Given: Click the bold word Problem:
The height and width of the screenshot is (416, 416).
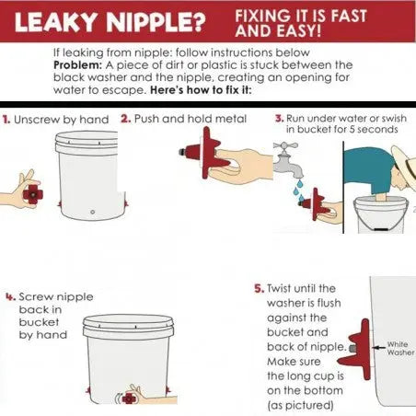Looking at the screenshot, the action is coord(77,65).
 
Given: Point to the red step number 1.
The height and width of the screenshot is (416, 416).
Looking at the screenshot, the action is coord(6,120).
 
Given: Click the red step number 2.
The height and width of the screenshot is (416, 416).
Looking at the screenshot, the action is coord(126,119).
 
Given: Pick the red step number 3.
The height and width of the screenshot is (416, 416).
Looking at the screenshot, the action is coord(279,119).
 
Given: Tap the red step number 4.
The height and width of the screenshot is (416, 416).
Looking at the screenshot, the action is coord(10,296).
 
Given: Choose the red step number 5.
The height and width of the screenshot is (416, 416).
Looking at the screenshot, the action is coord(260,289).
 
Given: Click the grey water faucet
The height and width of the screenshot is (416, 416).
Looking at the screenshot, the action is coord(286,160).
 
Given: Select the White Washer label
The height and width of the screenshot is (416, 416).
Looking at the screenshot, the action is coord(400,348).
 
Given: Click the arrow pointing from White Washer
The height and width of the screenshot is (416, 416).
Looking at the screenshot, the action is coord(378,348).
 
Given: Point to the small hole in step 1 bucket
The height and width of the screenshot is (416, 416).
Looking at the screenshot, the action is coord(93,212).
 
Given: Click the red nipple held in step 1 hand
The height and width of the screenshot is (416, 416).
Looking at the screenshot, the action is coord(32,193).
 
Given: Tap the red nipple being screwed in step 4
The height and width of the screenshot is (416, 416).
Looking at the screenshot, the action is coord(129,399).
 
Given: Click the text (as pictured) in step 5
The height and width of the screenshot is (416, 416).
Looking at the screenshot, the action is coord(300,406).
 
